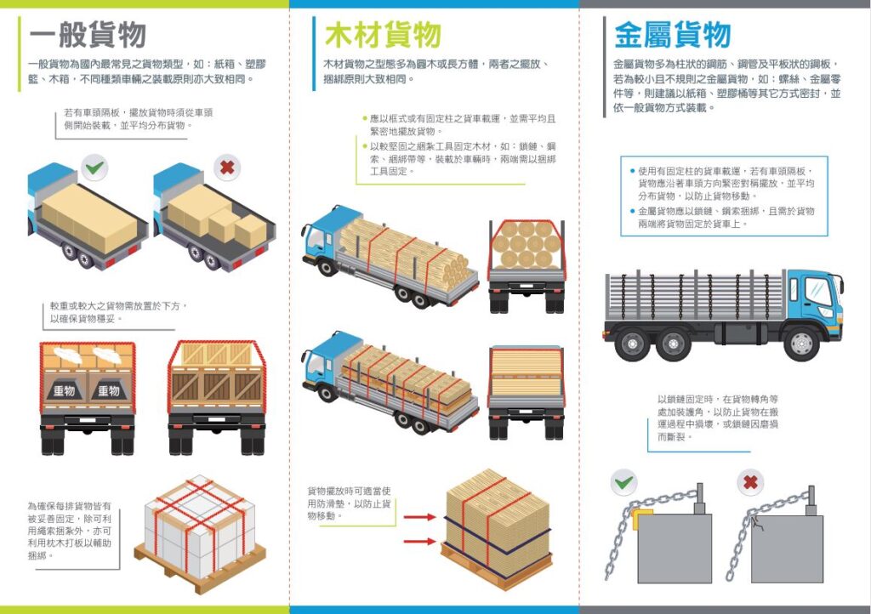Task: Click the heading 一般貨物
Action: [88, 35]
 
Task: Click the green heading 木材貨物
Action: [383, 35]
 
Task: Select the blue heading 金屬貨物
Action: [672, 35]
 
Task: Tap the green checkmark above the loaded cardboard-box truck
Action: [94, 167]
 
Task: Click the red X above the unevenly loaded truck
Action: [227, 167]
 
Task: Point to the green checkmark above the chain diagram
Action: [623, 482]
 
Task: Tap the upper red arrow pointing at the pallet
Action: [419, 517]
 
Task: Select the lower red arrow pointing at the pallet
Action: [419, 541]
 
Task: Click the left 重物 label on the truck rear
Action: [64, 391]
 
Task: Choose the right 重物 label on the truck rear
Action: [109, 391]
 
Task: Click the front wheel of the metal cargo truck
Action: [801, 343]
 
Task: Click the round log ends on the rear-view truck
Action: [526, 244]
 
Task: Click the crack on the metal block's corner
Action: [756, 523]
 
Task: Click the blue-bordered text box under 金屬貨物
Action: [724, 196]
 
